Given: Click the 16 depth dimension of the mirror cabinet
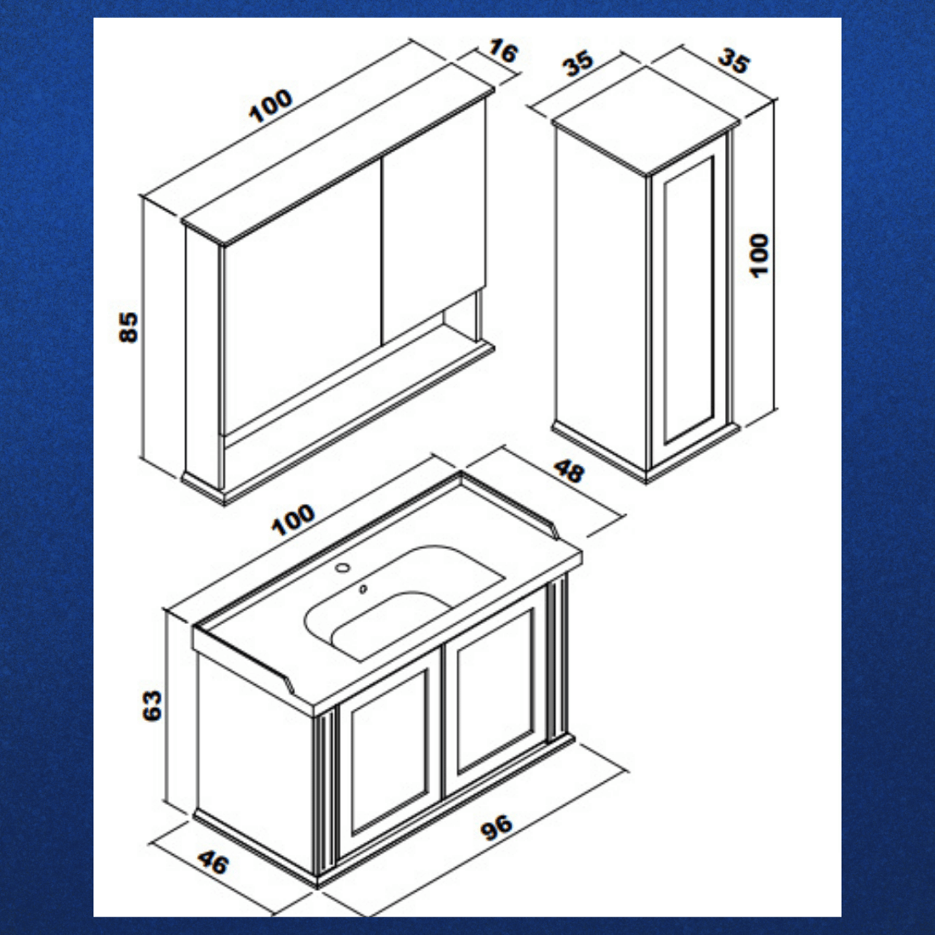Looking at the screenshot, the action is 502,51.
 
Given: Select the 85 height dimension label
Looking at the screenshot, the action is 128,326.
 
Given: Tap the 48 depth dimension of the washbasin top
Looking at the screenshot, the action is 569,471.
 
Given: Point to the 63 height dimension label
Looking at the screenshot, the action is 153,705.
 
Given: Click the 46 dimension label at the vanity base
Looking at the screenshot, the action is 212,862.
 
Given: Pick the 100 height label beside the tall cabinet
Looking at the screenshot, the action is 759,255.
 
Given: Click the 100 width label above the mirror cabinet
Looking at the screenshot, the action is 270,105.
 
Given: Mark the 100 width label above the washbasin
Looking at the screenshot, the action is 292,519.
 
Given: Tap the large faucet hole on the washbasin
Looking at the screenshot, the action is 343,567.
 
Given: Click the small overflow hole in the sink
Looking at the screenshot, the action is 363,589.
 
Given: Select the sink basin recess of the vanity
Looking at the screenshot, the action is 405,603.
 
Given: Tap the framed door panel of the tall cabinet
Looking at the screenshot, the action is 688,302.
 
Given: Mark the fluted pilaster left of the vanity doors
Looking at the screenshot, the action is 324,793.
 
